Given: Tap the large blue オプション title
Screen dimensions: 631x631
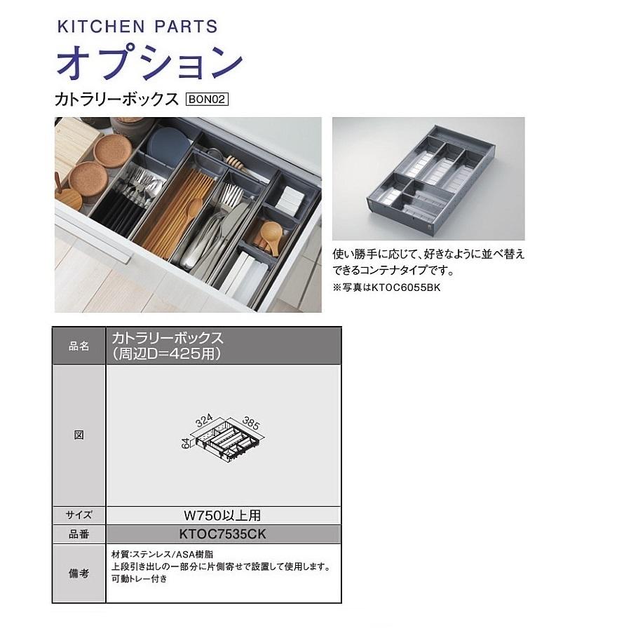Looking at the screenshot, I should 149,63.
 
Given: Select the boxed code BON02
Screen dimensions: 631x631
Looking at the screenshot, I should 208,100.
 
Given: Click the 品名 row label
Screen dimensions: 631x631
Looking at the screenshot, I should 79,346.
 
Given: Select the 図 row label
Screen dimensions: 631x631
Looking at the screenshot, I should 79,435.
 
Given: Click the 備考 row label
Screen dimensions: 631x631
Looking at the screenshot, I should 79,573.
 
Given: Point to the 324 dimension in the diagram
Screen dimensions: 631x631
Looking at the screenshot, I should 205,421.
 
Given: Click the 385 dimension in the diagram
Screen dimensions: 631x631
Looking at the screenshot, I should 251,423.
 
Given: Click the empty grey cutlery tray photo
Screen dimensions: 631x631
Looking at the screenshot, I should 428,179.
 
